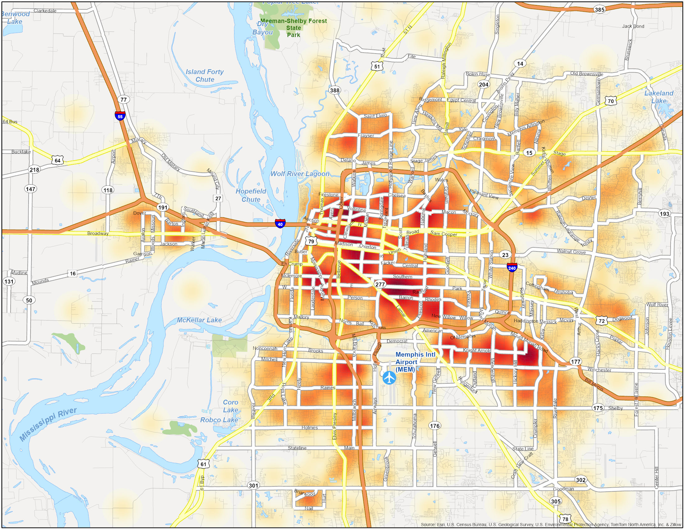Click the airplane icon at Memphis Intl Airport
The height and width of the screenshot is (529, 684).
point(389,377)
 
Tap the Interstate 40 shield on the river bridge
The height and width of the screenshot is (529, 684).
point(280,223)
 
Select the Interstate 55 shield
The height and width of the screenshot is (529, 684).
point(120,115)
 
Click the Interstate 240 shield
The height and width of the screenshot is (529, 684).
point(512,267)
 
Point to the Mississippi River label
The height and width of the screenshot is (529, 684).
point(48,424)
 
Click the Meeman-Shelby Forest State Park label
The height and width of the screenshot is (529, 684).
point(293,28)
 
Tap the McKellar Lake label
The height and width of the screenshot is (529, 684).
point(199,320)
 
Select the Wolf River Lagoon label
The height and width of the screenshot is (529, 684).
point(300,174)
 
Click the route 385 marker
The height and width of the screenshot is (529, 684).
point(599,9)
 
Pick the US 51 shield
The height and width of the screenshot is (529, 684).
point(377,66)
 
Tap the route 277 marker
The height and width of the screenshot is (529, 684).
point(380,284)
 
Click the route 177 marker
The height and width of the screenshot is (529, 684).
point(575,361)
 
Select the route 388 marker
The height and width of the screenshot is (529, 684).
point(335,90)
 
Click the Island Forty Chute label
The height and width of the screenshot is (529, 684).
point(205,76)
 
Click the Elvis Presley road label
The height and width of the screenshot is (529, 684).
point(335,426)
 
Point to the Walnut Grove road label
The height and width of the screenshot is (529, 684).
point(571,251)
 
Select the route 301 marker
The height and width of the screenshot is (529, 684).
point(253,486)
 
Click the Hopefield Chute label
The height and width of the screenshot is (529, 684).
point(251,195)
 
